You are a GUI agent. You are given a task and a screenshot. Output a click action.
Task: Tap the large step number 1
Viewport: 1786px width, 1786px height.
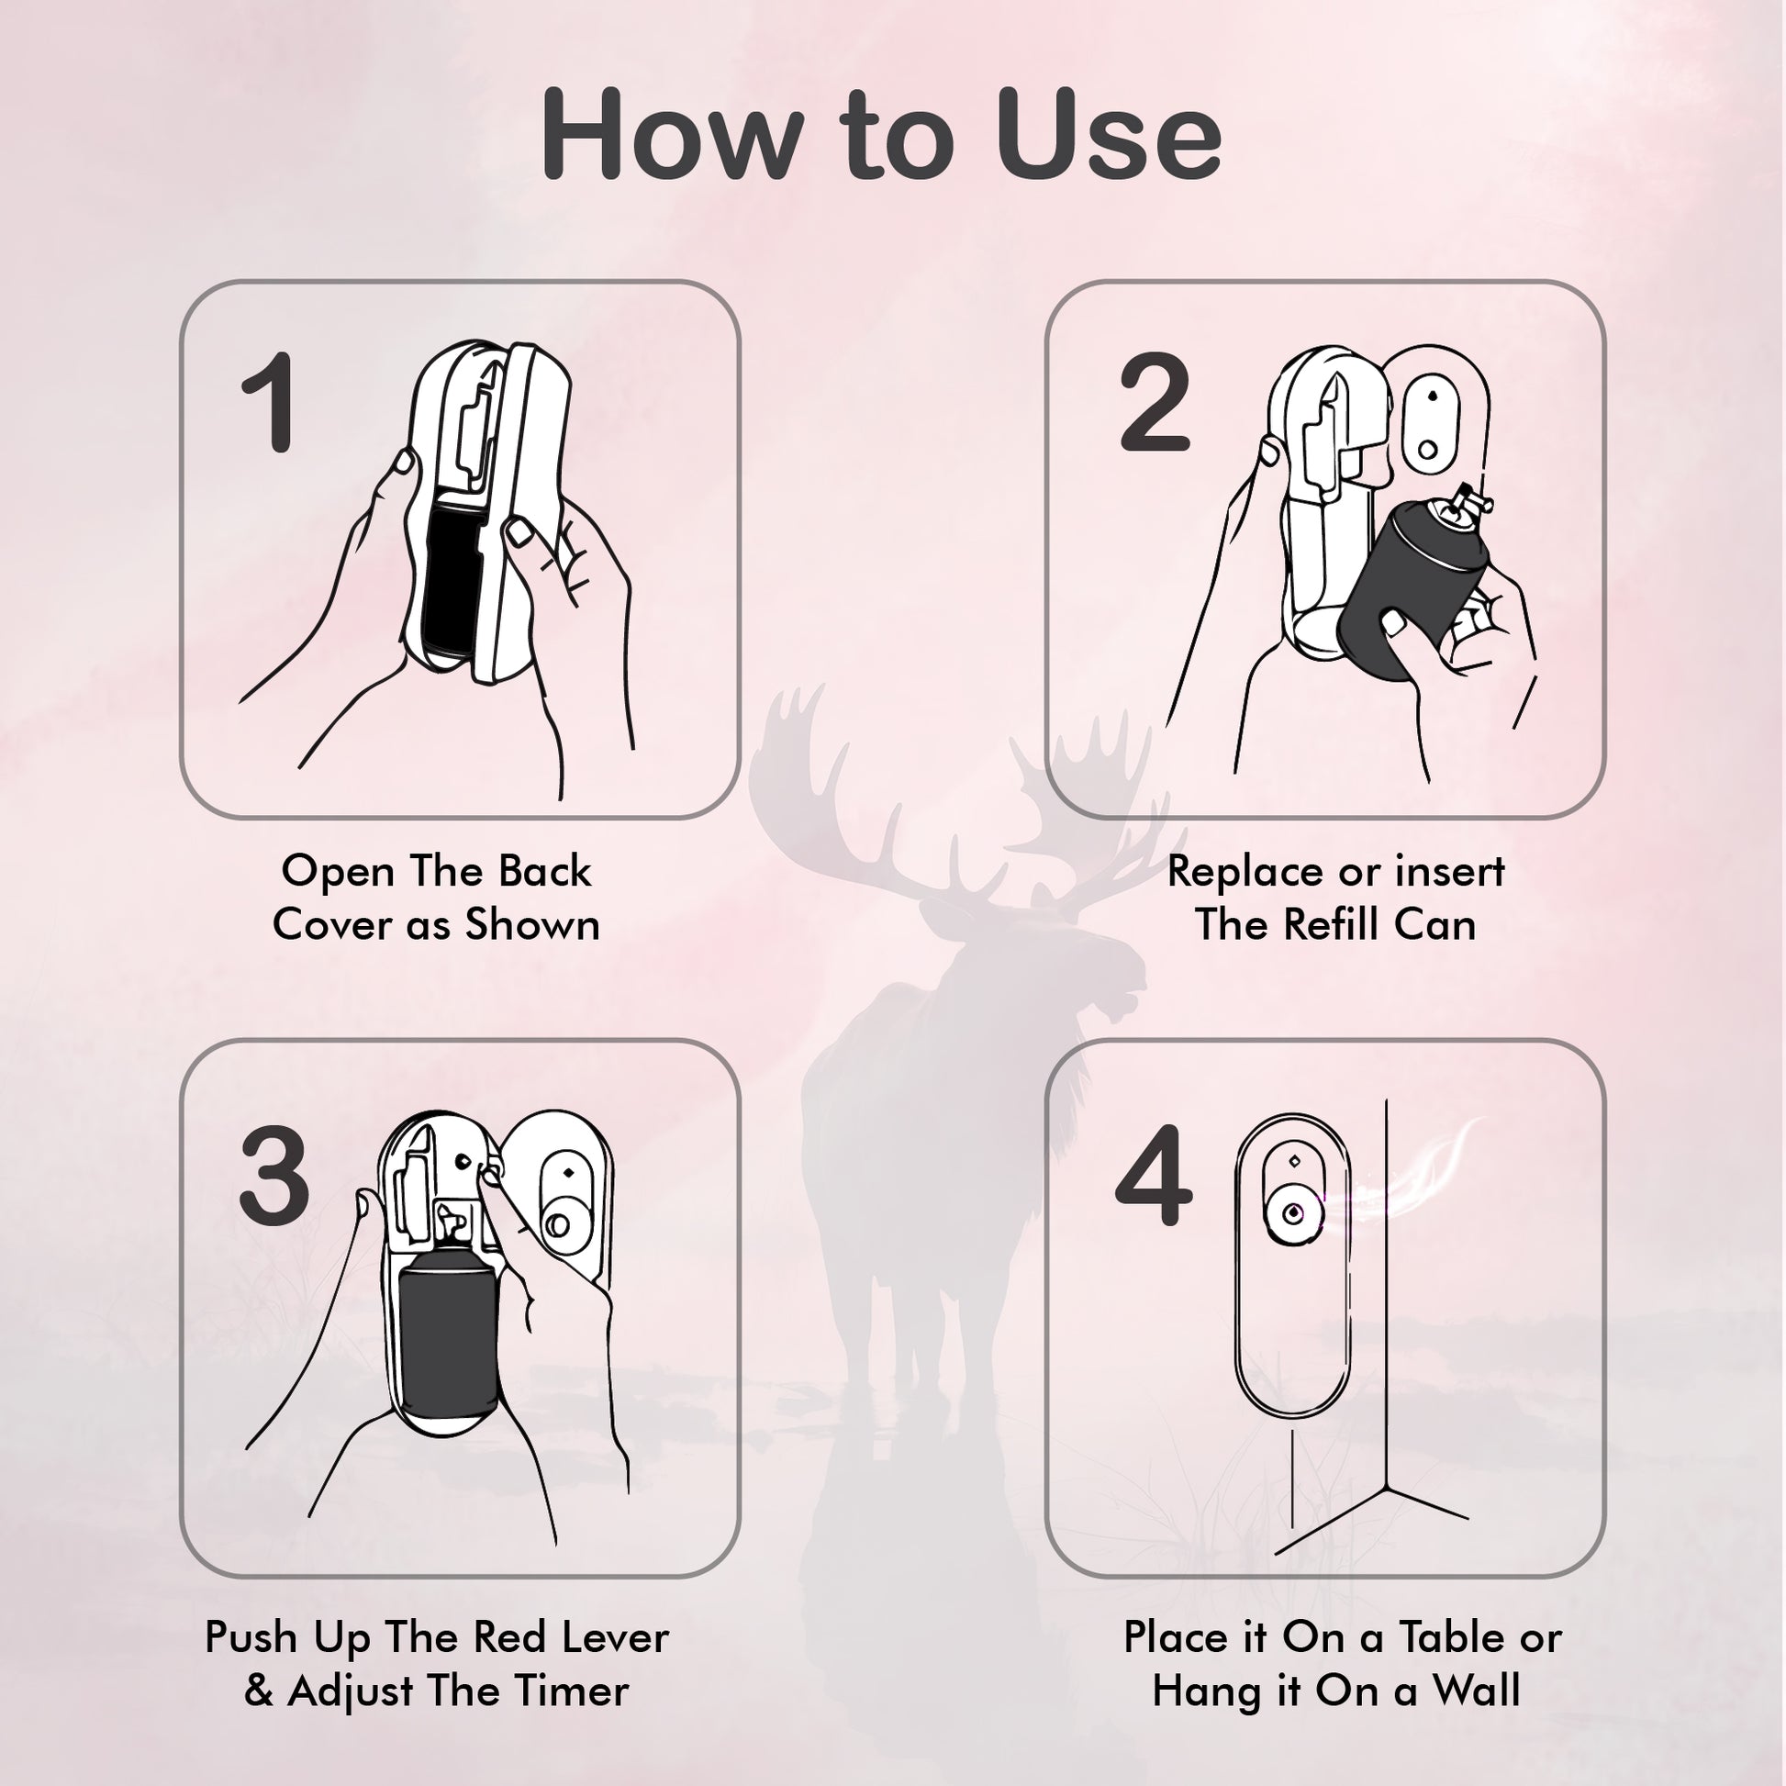[x=270, y=403]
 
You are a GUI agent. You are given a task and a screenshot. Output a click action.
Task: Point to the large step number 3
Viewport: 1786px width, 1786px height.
[x=273, y=1177]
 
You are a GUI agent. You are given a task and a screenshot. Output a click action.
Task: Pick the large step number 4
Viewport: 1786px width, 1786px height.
[x=1153, y=1177]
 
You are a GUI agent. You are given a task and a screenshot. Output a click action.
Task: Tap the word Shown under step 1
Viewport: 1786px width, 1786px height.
[x=531, y=924]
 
